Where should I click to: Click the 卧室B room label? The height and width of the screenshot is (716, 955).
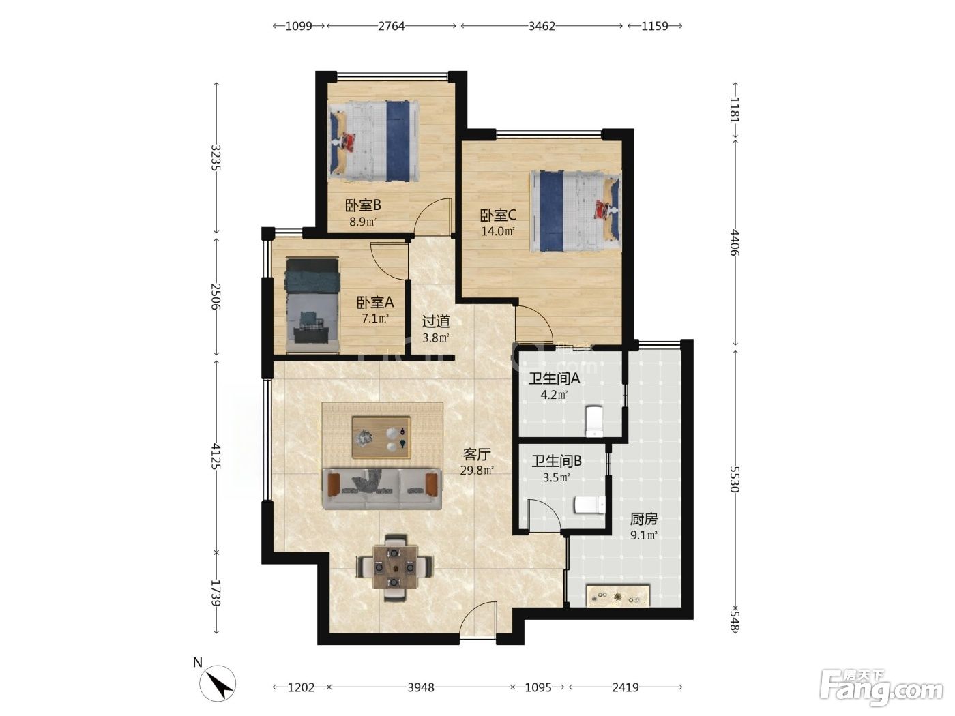click(363, 205)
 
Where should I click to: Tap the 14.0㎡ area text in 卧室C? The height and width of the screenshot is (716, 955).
click(498, 231)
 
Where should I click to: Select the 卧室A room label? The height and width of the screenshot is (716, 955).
click(374, 302)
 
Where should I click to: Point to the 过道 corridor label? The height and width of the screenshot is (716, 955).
click(435, 322)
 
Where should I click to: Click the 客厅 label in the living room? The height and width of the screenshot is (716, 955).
click(477, 455)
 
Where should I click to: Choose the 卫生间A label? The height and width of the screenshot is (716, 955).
click(555, 378)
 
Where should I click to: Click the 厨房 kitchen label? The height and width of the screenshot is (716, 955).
click(643, 519)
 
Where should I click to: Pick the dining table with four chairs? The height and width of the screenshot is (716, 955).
click(394, 567)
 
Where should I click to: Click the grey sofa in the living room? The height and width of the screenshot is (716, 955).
click(383, 489)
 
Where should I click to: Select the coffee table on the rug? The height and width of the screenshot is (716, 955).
click(381, 437)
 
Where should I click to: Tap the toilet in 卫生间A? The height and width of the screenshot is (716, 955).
click(594, 421)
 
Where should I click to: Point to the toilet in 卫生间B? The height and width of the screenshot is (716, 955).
click(589, 505)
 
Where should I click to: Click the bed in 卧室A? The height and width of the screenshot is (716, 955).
click(312, 305)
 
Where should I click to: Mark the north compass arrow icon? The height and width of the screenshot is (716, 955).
click(218, 683)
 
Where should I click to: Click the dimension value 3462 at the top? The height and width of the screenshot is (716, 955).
click(542, 26)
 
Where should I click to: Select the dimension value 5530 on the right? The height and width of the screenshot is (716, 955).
click(735, 479)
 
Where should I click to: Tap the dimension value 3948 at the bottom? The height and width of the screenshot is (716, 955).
click(421, 687)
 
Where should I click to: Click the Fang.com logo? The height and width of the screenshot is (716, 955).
click(882, 688)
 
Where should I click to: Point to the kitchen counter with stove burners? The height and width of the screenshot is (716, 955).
click(618, 596)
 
